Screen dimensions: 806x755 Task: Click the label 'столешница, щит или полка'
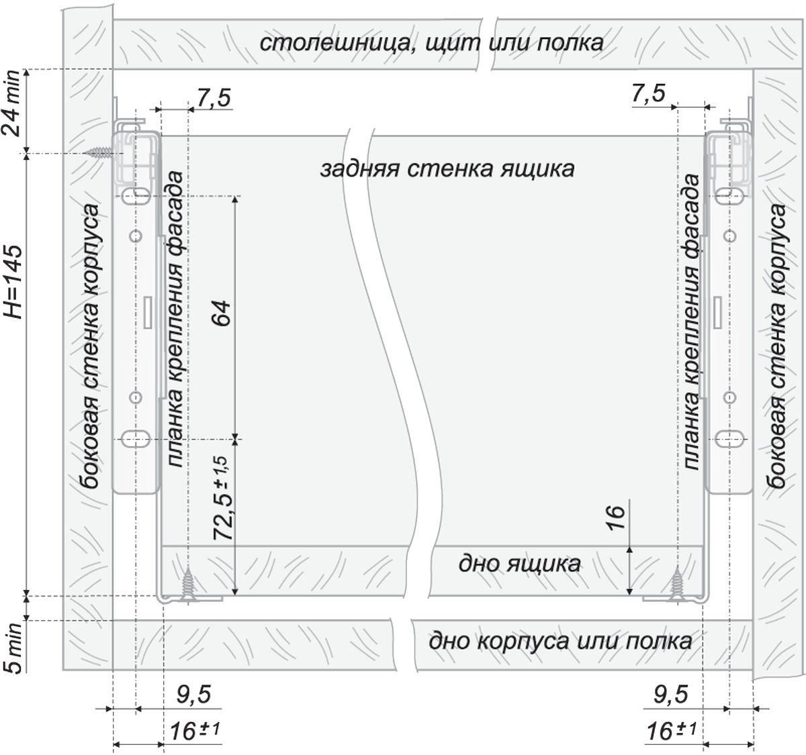point(431,44)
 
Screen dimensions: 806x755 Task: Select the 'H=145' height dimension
point(12,283)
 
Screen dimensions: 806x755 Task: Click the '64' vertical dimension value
point(222,312)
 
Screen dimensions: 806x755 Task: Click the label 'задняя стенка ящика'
point(447,168)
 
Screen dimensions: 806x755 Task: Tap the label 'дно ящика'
point(519,564)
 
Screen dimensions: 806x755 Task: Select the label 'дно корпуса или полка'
point(560,641)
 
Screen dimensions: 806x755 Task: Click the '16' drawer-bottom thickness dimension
point(616,517)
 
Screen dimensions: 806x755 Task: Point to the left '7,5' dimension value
point(214,98)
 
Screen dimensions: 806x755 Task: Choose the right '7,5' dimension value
point(648,94)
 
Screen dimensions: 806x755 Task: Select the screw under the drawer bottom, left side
point(188,584)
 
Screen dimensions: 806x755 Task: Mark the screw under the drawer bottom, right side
point(676,583)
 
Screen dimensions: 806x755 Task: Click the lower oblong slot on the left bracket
point(136,439)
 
